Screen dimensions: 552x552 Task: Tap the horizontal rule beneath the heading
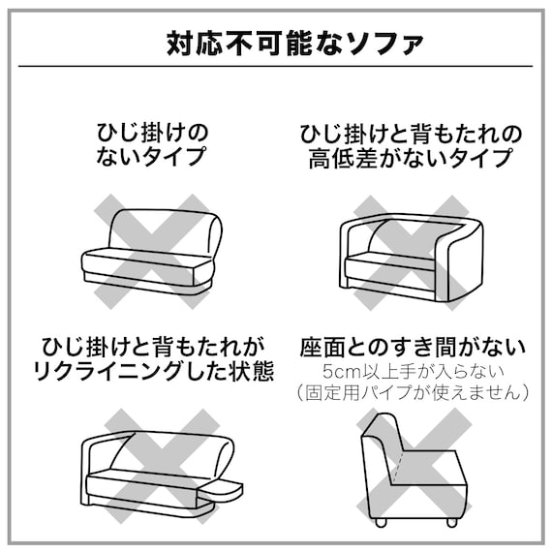[276, 67]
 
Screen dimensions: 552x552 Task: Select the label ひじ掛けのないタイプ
[151, 142]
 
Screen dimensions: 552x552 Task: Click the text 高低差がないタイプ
[412, 156]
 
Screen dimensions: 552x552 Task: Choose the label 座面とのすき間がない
[412, 346]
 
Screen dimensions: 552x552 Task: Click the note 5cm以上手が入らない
[412, 371]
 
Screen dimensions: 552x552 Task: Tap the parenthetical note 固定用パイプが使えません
[412, 392]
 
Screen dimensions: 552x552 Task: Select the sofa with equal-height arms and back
[411, 253]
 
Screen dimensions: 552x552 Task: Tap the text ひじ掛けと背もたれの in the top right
[412, 131]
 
